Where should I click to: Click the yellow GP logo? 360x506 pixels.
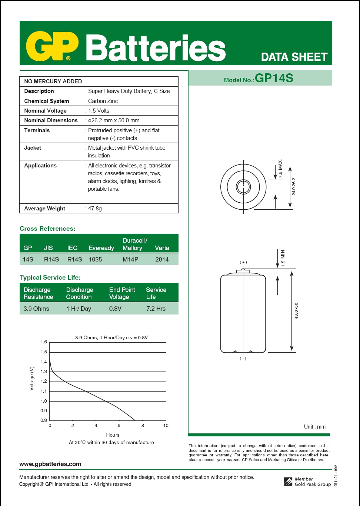coord(52,46)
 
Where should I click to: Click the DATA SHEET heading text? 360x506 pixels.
coord(294,57)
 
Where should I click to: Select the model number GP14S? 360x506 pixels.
coord(274,78)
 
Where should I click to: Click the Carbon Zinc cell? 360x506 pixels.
coord(103,101)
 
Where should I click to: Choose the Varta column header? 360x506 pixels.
coord(162,248)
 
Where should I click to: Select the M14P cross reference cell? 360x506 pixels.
coord(130,259)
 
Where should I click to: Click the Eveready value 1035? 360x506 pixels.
coord(95,259)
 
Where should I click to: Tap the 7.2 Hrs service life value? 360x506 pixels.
coord(156,309)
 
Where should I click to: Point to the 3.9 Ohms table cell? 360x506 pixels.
coord(36,309)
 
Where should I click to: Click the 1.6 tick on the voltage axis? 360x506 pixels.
coord(44,342)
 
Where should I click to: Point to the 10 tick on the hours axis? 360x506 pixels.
coord(166,426)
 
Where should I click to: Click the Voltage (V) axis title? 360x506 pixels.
coord(32,378)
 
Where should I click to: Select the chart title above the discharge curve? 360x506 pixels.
coord(111,337)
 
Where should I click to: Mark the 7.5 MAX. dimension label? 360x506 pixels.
coord(281,169)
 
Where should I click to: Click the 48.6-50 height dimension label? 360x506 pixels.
coord(296,311)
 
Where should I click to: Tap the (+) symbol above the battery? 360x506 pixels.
coord(243,262)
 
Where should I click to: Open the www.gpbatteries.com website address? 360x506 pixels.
coord(50,464)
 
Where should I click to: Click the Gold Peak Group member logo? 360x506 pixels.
coord(288,482)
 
